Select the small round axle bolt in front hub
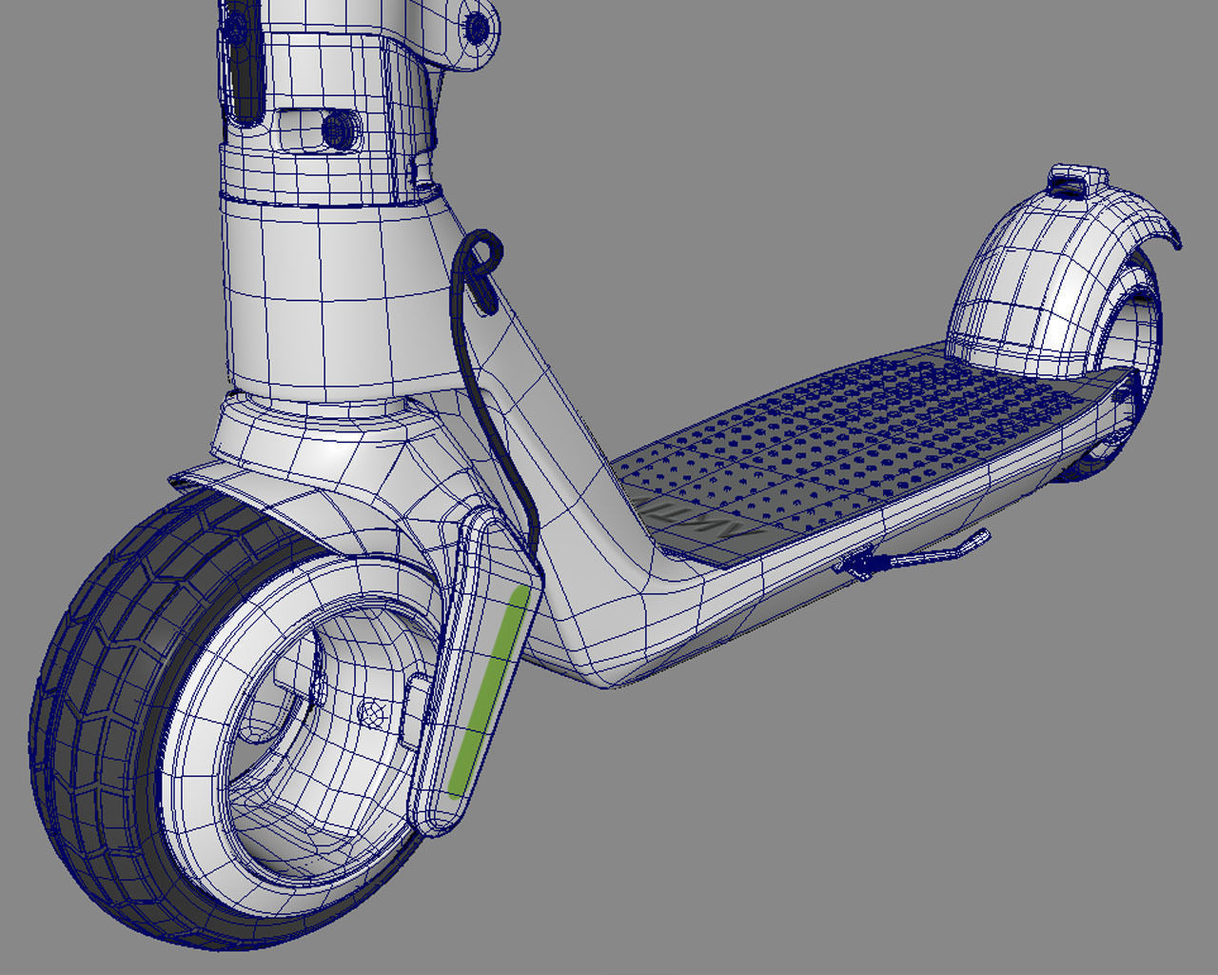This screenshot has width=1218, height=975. (373, 711)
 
